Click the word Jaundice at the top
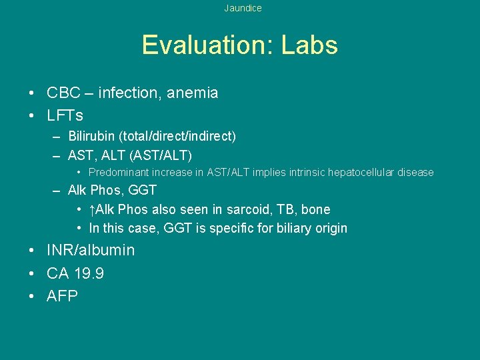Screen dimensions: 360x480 click(243, 8)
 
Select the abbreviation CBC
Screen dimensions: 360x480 click(63, 93)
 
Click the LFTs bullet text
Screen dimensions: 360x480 click(65, 115)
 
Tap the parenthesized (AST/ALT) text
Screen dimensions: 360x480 click(162, 155)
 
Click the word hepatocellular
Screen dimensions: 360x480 click(361, 172)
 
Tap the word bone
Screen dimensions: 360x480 click(315, 209)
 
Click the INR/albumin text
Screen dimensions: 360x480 click(91, 251)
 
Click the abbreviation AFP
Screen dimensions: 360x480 click(62, 296)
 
